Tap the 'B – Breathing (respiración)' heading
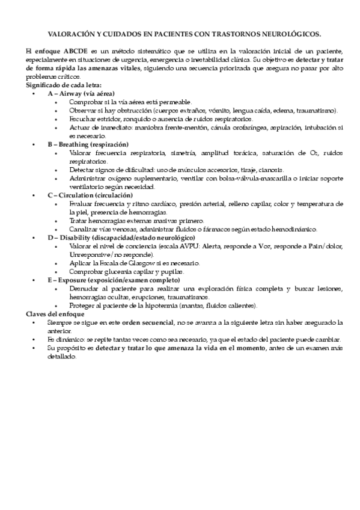[x=88, y=145]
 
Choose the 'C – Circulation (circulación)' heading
[x=90, y=195]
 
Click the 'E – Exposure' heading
[x=109, y=280]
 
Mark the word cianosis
[x=272, y=170]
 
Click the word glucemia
[x=118, y=272]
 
